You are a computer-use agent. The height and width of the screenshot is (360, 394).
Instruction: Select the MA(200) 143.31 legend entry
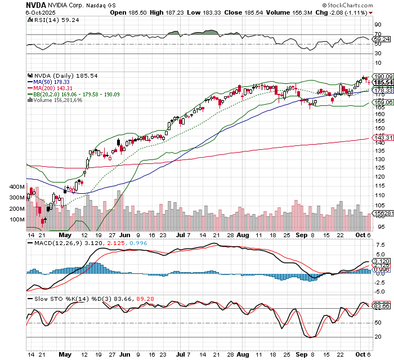click(55, 88)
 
